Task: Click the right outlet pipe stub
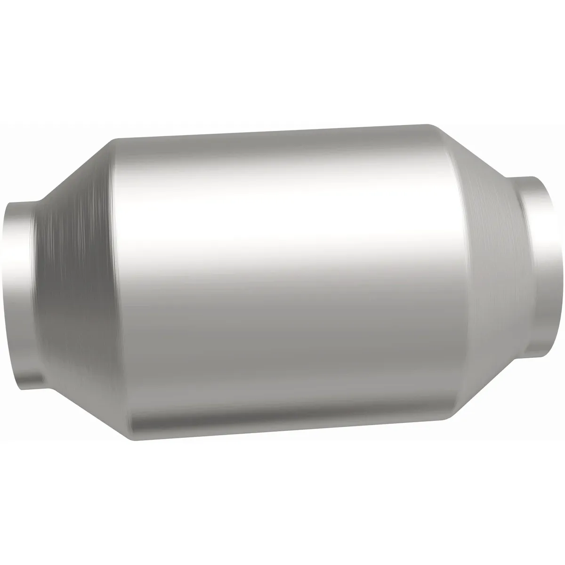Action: coord(537,264)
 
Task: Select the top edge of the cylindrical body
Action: coord(273,133)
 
